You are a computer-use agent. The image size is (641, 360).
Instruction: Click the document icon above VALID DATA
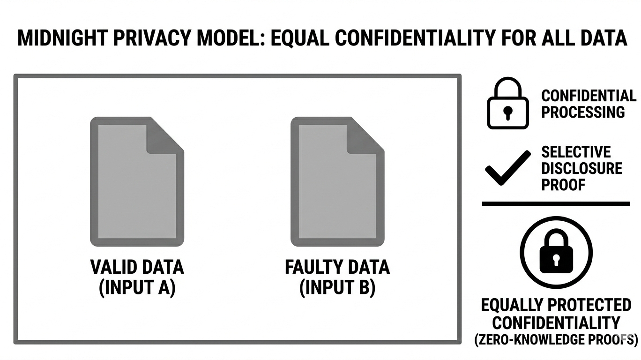137,181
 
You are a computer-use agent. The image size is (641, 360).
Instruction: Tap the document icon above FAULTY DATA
337,181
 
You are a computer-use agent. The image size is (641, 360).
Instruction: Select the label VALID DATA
137,267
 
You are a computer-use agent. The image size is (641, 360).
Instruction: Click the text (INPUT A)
137,287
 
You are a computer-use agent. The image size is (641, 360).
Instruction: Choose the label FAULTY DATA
337,267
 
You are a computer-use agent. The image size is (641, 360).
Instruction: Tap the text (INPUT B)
337,287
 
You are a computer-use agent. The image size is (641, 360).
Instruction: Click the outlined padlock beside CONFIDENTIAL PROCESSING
508,104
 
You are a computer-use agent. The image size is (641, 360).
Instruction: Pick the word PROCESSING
583,112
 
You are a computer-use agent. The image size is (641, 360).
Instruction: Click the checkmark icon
508,168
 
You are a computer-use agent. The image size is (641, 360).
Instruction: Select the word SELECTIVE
576,152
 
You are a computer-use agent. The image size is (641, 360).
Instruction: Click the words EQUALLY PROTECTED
556,305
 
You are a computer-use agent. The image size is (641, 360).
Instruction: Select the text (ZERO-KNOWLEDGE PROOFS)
556,340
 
